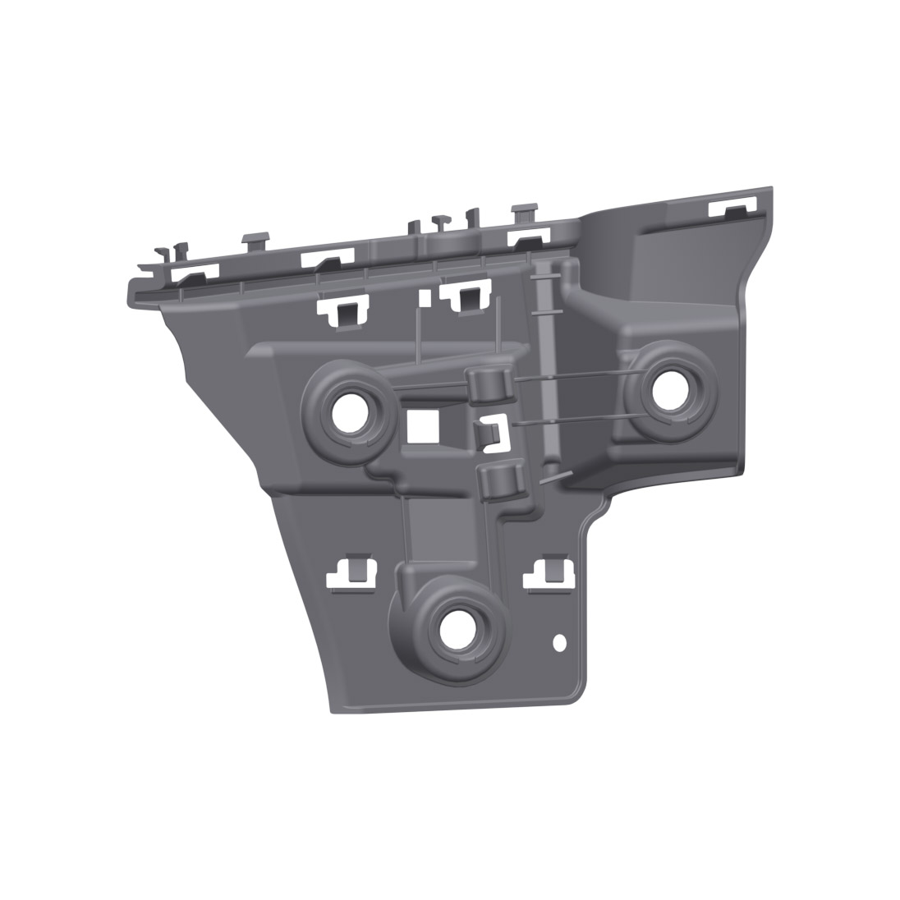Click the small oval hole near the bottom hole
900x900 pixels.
[x=560, y=642]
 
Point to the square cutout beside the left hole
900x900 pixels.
[x=424, y=425]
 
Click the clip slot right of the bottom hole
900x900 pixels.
[x=551, y=574]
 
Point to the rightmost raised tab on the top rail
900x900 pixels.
[x=524, y=212]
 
